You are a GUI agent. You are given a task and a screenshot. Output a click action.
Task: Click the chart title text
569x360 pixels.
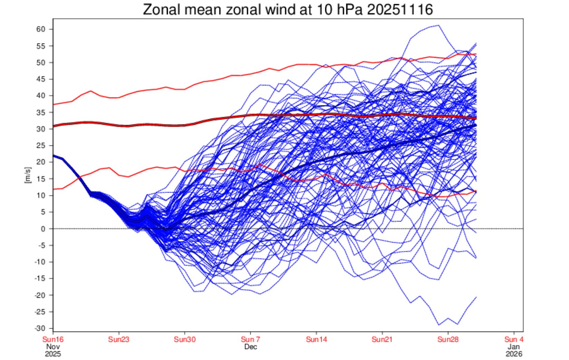click(288, 10)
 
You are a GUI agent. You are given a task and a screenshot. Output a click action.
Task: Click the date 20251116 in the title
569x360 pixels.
click(399, 10)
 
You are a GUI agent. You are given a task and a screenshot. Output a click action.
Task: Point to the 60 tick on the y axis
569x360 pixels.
click(41, 29)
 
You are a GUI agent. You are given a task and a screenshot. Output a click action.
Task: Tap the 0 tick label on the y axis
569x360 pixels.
click(43, 229)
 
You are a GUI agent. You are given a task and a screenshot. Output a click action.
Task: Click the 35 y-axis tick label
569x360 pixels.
click(41, 112)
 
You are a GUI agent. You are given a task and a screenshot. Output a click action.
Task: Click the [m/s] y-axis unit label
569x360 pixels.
click(28, 175)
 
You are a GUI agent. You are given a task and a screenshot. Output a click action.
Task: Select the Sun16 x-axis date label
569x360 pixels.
click(53, 339)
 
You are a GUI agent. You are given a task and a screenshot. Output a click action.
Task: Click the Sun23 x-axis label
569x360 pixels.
click(119, 339)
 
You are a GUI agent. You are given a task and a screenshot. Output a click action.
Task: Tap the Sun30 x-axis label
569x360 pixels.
click(185, 339)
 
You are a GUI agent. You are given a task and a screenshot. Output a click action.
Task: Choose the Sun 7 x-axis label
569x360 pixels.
click(251, 339)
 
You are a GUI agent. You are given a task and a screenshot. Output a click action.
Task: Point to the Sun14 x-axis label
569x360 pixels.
click(316, 339)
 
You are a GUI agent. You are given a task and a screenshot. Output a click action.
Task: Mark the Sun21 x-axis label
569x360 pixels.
click(382, 339)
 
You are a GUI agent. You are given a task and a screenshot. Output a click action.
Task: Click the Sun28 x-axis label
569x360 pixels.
click(448, 339)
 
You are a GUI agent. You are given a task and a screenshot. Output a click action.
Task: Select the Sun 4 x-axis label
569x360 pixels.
click(514, 339)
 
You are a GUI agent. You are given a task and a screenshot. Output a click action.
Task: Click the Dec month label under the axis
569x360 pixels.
click(251, 347)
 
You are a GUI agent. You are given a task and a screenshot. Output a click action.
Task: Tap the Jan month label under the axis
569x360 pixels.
click(514, 347)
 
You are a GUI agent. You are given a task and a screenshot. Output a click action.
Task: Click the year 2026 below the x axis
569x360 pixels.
click(514, 354)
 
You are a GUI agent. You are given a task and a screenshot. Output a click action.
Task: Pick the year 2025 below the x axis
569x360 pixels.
click(53, 354)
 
